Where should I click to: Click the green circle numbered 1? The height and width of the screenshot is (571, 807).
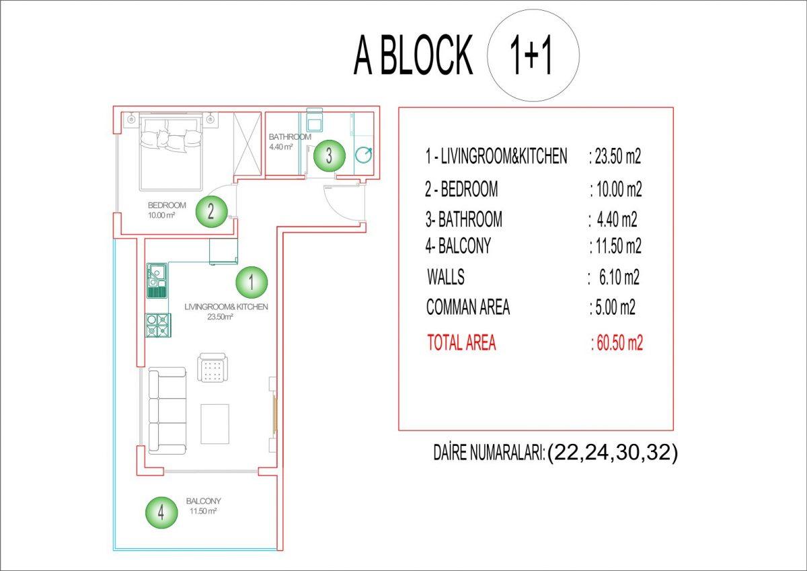tap(252, 282)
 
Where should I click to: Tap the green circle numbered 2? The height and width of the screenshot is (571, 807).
tap(211, 211)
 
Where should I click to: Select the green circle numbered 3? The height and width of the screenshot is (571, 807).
tap(330, 155)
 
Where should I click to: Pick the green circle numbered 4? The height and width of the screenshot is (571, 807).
tap(161, 512)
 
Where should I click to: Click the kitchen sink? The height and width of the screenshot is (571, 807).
tap(157, 280)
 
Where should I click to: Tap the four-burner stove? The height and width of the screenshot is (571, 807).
tap(158, 326)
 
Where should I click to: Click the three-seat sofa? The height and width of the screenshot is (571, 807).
tap(167, 411)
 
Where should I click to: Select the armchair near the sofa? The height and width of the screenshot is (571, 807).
tap(213, 367)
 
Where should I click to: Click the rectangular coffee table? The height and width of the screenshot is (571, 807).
tap(215, 424)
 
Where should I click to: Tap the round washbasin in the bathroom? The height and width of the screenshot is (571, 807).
tap(364, 155)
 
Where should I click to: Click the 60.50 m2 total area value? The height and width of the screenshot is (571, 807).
tap(617, 342)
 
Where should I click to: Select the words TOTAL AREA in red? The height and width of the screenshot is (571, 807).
tap(461, 342)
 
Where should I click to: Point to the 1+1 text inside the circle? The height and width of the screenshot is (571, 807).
tap(531, 56)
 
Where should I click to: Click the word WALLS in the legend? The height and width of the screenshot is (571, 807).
tap(446, 277)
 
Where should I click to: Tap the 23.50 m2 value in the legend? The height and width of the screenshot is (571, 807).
tap(615, 157)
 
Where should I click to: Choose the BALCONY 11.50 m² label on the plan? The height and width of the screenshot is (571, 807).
tap(203, 506)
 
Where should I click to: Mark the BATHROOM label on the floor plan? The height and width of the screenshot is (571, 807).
tap(290, 137)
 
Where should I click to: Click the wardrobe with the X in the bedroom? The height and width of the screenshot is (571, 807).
tap(247, 144)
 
